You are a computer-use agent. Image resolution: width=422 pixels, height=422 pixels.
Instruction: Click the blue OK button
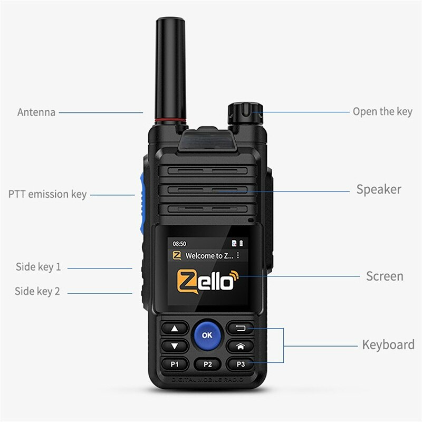coord(207,334)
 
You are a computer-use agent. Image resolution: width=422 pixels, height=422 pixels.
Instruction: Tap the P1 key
coord(175,364)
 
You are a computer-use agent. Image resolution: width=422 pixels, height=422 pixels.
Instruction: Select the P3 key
coord(240,364)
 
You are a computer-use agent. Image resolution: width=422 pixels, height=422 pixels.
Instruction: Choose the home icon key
coord(240,347)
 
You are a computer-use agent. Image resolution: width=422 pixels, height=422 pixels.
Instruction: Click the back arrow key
coord(240,329)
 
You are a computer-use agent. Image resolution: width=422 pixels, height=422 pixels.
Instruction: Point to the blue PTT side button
coord(141,197)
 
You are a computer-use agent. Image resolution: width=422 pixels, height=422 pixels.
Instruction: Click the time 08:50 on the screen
coord(180,244)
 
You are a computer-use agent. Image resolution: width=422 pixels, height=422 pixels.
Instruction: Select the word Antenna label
coord(36,112)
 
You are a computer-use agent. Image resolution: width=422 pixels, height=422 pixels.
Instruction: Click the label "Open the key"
coord(382,111)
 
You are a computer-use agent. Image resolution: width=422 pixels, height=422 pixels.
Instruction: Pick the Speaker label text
coord(379,189)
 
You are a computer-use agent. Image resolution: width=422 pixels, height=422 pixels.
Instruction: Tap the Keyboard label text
coord(388,345)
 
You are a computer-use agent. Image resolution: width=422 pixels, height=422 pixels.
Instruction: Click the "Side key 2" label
coord(37,291)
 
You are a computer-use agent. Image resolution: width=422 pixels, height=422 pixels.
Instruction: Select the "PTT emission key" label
coord(47,194)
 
